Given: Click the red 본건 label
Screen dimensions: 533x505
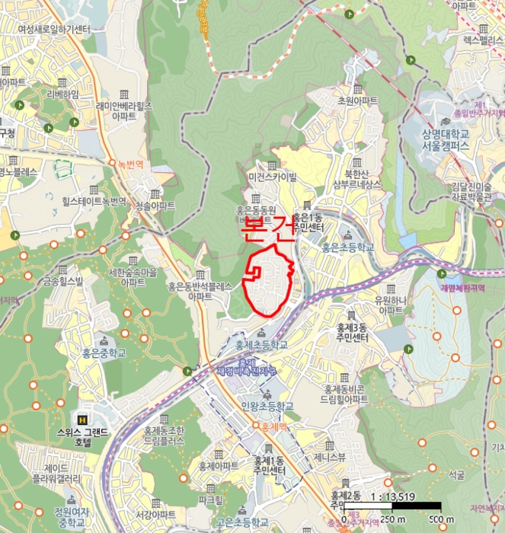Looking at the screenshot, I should (269, 228).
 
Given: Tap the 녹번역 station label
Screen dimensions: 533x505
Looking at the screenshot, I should (125, 163).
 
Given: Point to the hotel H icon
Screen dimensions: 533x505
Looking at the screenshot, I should (82, 420).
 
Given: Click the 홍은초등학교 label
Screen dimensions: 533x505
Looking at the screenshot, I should (348, 247).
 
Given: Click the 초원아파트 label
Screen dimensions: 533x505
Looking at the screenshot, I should (357, 101).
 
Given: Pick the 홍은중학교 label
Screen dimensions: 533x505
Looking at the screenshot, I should (104, 353).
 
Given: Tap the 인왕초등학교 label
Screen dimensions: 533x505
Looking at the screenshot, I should (267, 407).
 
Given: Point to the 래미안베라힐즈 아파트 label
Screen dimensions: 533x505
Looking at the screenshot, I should (124, 113).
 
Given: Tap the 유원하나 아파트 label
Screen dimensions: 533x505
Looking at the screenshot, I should (391, 305).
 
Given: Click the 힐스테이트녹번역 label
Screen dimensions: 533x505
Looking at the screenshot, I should (94, 202).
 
